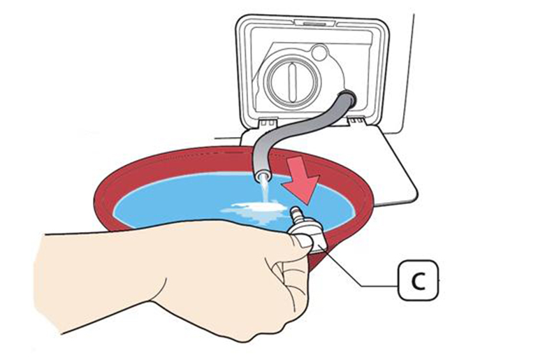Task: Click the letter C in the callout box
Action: click(x=418, y=281)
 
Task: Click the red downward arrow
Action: click(x=302, y=177)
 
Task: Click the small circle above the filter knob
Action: click(x=319, y=52)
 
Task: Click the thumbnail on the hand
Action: click(x=303, y=241)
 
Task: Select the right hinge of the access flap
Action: click(x=358, y=122)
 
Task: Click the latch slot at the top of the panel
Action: click(x=314, y=24)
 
